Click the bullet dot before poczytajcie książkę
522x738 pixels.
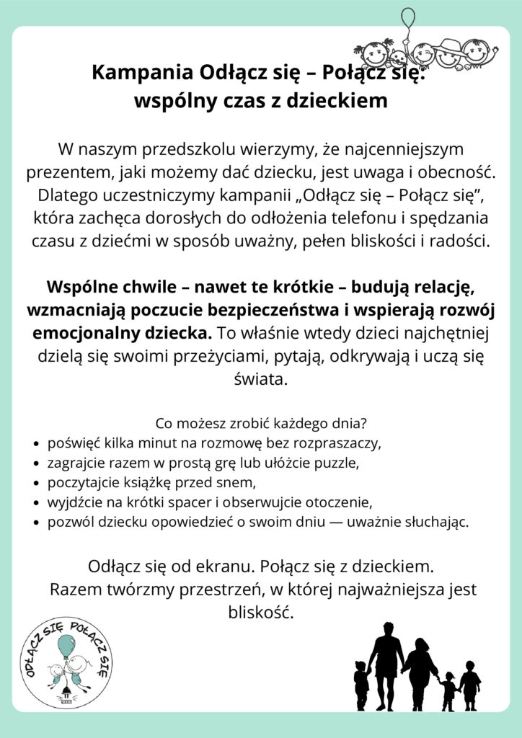click(37, 482)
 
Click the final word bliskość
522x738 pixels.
click(260, 612)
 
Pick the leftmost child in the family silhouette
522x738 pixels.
click(360, 685)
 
